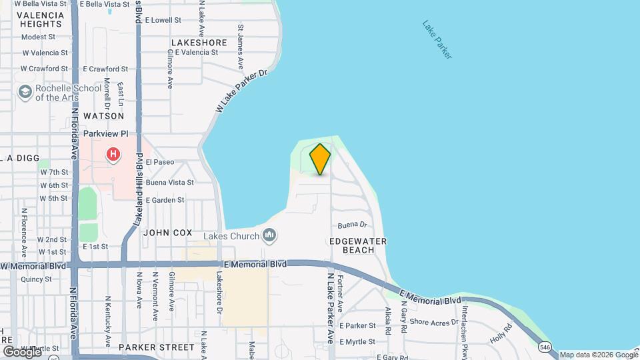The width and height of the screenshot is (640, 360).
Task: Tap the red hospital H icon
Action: (x=113, y=155)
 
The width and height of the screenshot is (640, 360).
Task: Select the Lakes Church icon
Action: (x=269, y=235)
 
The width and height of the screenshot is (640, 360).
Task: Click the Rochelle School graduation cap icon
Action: (x=25, y=92)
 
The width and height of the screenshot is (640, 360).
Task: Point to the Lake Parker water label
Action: (x=437, y=40)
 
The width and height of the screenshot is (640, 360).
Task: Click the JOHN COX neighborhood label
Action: (x=167, y=233)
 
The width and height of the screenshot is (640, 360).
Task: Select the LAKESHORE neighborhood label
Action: (x=199, y=42)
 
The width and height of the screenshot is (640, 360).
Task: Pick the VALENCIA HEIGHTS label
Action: (x=41, y=19)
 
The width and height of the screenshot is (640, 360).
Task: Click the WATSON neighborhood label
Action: (x=104, y=115)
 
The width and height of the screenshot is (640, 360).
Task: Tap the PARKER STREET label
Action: (x=157, y=347)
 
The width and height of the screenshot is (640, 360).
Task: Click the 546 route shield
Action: (x=545, y=347)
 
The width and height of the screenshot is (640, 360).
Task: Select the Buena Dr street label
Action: (x=353, y=225)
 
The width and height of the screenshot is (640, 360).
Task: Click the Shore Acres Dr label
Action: (x=434, y=321)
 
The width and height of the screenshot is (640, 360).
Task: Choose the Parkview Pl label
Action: (x=105, y=133)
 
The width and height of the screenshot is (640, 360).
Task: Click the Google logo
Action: (x=21, y=351)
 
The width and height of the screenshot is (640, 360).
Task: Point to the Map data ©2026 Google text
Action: (x=598, y=355)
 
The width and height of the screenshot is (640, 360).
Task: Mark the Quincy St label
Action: (x=36, y=279)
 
